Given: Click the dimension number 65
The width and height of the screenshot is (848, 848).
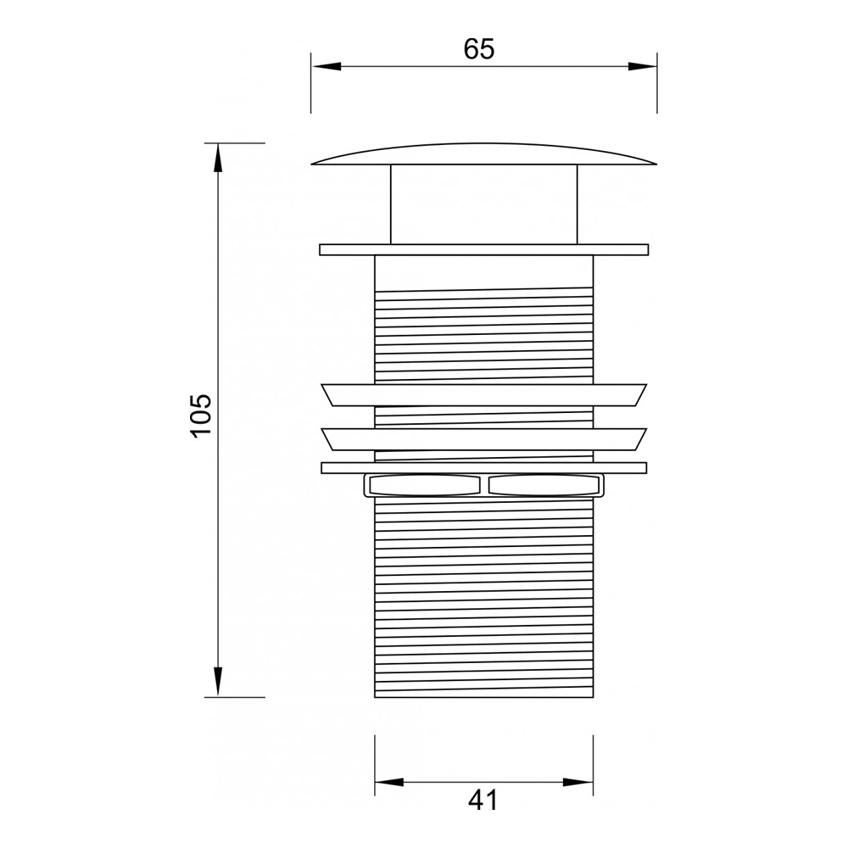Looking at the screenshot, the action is (x=478, y=49).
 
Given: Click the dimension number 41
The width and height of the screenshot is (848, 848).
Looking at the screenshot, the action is (x=483, y=801).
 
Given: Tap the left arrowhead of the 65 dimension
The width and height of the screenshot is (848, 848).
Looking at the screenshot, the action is (x=326, y=66).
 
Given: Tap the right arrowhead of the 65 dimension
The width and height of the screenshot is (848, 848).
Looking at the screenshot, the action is (x=642, y=66).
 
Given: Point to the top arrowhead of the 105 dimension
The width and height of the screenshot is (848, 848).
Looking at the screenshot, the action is (x=218, y=159).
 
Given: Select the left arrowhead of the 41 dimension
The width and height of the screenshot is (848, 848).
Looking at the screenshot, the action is (x=389, y=782).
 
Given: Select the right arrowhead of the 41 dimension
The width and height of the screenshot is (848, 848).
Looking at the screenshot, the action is (x=578, y=782).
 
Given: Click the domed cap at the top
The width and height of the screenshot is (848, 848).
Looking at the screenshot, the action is (x=484, y=154).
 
